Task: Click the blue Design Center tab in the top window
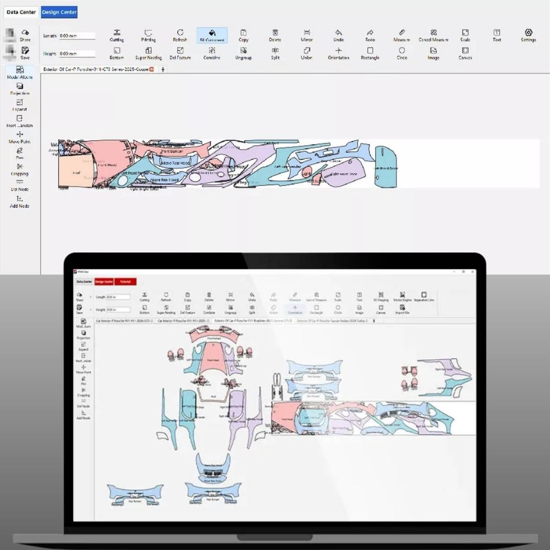pos(59,12)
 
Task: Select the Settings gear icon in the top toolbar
pos(529,35)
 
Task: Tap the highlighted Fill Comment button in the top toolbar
pos(212,35)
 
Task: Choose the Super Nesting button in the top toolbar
pos(148,53)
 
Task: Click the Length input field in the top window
pos(77,36)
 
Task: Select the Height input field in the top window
pos(77,54)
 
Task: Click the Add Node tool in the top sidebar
pos(20,201)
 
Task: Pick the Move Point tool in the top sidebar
pos(20,137)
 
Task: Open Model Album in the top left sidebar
pos(20,73)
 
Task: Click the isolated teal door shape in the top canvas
pos(386,164)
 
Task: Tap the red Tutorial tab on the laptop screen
pos(125,282)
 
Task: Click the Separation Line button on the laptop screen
pos(424,296)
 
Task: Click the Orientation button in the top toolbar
pos(338,53)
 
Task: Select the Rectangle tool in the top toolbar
pos(370,53)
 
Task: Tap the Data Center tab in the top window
pos(21,12)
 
